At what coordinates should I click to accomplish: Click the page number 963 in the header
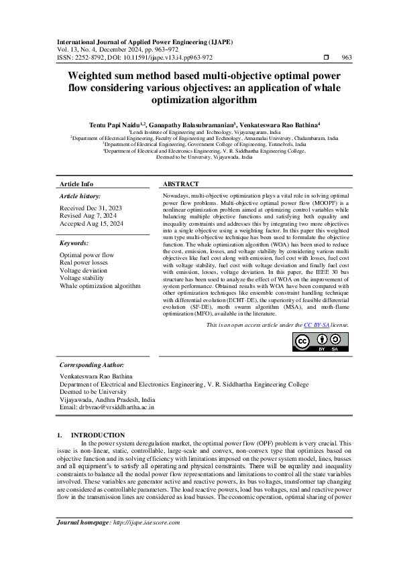tap(346, 58)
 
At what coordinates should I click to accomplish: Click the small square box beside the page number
tap(326, 58)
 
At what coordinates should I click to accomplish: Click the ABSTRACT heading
tap(180, 184)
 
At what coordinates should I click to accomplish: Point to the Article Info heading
tap(76, 184)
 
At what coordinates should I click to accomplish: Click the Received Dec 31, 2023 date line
tap(87, 209)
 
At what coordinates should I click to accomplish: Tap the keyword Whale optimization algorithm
tap(100, 285)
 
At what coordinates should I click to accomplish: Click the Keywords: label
tap(74, 243)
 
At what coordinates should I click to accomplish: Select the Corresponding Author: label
tap(92, 365)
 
